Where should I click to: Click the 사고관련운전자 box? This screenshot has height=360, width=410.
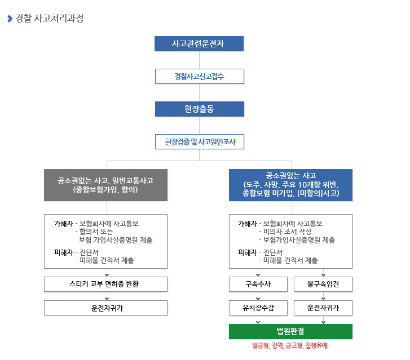coord(199,43)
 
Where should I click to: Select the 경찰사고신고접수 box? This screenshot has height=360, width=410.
coord(199,76)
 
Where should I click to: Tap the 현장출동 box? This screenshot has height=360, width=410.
coord(199,109)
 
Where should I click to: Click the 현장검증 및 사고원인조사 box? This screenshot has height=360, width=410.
coord(199,141)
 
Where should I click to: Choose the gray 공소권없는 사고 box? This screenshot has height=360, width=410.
coord(105,185)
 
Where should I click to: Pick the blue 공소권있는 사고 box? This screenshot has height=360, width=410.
coord(290,185)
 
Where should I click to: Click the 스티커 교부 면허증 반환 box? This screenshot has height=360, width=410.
coord(105,284)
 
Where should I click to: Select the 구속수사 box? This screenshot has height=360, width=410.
coord(258,284)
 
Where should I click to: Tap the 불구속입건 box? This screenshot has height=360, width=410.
coord(323,284)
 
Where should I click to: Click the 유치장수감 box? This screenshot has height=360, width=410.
coord(258,308)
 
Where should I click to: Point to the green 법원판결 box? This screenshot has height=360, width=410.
coord(290,331)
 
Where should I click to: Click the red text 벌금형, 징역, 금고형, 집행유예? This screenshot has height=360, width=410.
coord(290,345)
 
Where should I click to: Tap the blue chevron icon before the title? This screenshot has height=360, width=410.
coord(10,19)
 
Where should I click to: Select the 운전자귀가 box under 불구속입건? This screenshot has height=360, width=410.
coord(323,308)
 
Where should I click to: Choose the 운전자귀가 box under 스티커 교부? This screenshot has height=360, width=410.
coord(105,308)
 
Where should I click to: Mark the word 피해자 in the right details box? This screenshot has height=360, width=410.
coord(248,252)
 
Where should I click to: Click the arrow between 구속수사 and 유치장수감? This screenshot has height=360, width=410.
coord(258,296)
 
